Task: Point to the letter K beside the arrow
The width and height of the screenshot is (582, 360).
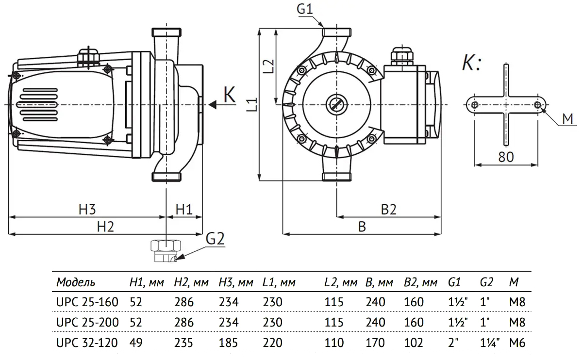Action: (229, 95)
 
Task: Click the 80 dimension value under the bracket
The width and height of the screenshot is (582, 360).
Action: (506, 156)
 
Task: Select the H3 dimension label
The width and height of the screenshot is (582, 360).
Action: (87, 210)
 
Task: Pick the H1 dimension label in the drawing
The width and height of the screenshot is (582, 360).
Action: (184, 210)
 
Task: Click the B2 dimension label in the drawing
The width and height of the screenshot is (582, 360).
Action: (388, 210)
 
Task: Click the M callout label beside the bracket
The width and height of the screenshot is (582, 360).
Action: (567, 118)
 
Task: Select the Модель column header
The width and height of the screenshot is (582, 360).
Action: (76, 282)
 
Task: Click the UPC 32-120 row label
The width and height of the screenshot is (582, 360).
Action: (87, 343)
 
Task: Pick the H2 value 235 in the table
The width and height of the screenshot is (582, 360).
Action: (183, 343)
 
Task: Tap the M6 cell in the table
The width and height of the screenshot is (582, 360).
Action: (517, 343)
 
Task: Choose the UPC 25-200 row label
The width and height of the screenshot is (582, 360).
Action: (87, 322)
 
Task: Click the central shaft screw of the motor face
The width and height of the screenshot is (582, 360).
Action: (336, 104)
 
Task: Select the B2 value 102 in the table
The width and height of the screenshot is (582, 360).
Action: (413, 343)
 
